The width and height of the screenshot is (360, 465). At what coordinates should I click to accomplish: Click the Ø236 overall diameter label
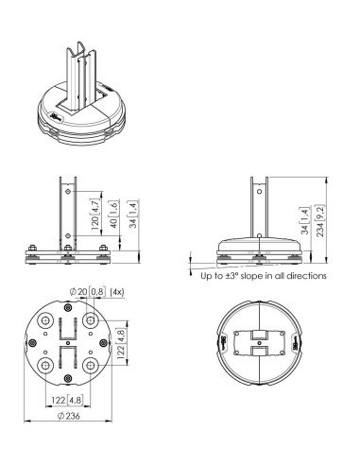pos(69,416)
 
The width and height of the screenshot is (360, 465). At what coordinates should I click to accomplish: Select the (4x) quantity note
pos(117,292)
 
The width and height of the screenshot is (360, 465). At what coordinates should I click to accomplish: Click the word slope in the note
pos(251,276)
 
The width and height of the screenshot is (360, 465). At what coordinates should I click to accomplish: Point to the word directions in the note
pos(306,276)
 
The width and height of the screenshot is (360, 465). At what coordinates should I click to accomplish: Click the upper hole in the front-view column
pos(67,191)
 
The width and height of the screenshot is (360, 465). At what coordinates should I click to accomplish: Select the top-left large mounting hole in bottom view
pos(45,320)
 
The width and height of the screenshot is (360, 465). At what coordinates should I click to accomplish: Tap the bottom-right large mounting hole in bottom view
pos(91,366)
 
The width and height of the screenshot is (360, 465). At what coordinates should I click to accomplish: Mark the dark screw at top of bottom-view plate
pos(67,307)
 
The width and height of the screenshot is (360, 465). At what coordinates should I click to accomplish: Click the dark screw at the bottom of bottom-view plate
pos(67,379)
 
